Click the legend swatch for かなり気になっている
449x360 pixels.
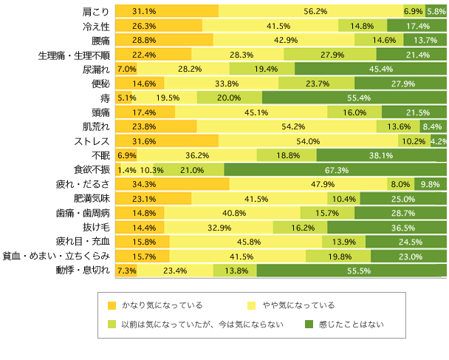(x=112, y=305)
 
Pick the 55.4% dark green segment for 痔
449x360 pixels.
(x=354, y=98)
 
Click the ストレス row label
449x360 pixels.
(x=90, y=140)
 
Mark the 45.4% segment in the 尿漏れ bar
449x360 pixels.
(x=370, y=69)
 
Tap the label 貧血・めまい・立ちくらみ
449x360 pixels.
(x=56, y=256)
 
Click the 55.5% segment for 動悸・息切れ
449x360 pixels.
(x=352, y=270)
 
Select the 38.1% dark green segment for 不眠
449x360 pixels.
(x=381, y=155)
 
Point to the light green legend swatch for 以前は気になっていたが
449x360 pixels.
(x=112, y=324)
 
